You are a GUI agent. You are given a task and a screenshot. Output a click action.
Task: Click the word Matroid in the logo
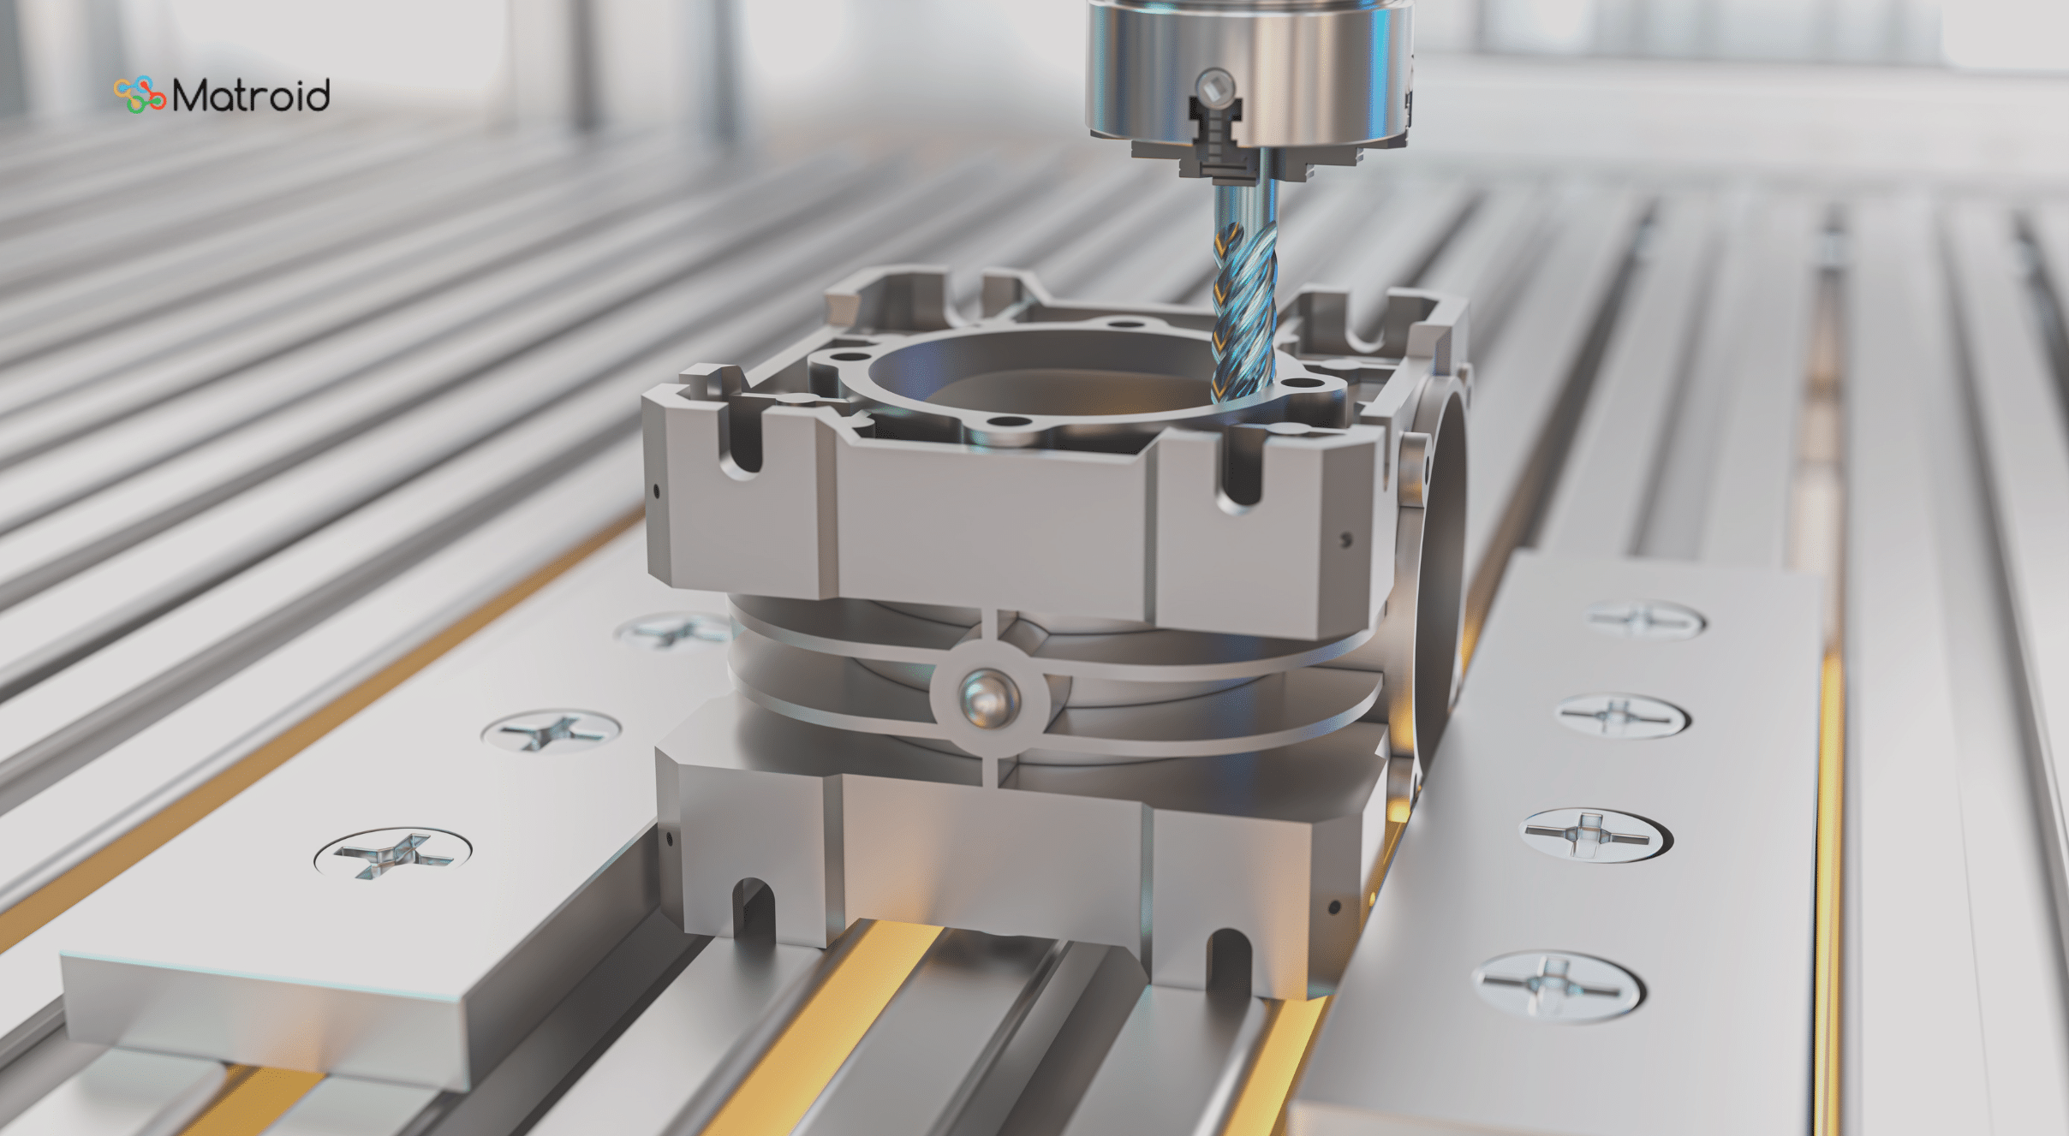pos(251,95)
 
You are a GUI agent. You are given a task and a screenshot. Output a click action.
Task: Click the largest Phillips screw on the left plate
pos(393,853)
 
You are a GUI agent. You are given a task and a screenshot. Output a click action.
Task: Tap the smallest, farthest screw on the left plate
pos(672,631)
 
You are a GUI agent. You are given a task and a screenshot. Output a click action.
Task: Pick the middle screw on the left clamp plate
pos(551,732)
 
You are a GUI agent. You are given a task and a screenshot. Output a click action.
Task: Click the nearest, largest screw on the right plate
pos(1556,986)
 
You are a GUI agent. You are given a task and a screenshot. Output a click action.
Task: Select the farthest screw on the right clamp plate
pos(1644,619)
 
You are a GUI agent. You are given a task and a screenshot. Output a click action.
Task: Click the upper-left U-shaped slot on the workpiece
pos(742,441)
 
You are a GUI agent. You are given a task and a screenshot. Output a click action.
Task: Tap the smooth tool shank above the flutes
pos(1244,201)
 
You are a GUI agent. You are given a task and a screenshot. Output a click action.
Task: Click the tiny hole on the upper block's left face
pos(657,491)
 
